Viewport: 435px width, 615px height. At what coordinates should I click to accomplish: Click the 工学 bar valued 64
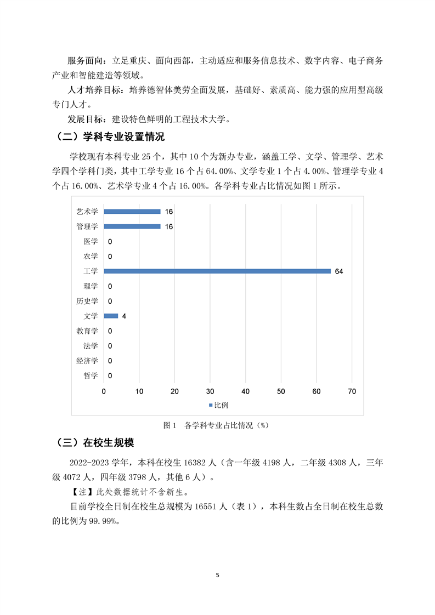pos(217,271)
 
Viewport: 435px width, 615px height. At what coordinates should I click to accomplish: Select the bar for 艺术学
pos(132,212)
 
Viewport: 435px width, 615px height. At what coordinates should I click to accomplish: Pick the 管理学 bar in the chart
pos(132,226)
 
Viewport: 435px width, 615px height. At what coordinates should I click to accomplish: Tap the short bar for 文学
pos(111,316)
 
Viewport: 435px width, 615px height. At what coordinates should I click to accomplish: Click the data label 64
pos(338,271)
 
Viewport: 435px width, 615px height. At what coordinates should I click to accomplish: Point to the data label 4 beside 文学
pos(124,316)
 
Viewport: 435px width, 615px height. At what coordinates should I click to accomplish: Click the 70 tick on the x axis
pos(352,391)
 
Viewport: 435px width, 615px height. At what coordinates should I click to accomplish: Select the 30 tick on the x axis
pos(210,391)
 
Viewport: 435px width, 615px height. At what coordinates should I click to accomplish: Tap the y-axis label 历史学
pos(87,301)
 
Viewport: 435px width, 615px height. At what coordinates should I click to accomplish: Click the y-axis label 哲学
pos(91,375)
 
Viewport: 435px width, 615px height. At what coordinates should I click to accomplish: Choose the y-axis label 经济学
pos(87,361)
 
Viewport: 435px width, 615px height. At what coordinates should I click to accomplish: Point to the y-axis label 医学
pos(91,241)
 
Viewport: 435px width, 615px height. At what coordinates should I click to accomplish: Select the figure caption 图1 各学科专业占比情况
pos(218,425)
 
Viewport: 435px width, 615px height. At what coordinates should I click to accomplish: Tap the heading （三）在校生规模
pos(95,443)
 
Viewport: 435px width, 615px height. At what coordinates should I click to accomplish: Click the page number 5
pos(218,575)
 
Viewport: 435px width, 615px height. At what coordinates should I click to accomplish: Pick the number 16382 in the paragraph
pos(187,463)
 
